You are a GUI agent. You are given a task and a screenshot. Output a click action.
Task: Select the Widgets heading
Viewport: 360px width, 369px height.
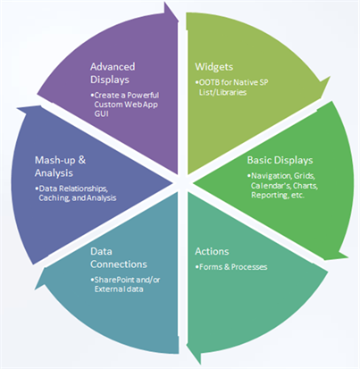pyautogui.click(x=215, y=66)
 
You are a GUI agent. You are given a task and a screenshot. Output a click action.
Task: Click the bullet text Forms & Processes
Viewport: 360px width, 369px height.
pyautogui.click(x=232, y=268)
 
